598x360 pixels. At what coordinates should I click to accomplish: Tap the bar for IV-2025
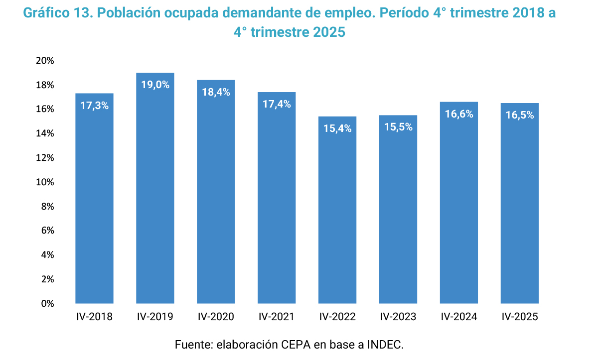[520, 209]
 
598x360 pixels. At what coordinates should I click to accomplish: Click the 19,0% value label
[155, 85]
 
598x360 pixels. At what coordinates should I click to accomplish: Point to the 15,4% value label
[337, 128]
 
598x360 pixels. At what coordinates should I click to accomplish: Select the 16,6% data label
[459, 114]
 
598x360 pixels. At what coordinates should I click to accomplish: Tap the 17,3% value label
[94, 106]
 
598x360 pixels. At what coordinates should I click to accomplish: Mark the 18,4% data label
[216, 92]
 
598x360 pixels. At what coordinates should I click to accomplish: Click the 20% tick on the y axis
[45, 61]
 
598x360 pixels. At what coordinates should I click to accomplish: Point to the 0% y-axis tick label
[47, 303]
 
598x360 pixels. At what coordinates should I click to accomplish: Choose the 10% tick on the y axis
[45, 182]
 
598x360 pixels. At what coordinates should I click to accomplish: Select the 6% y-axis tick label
[47, 231]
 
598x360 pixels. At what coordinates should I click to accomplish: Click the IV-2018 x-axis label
[94, 317]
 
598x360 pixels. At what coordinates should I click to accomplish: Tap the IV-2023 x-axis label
[398, 317]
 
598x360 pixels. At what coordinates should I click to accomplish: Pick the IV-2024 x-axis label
[459, 317]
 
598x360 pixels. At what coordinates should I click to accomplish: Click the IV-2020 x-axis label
[216, 317]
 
